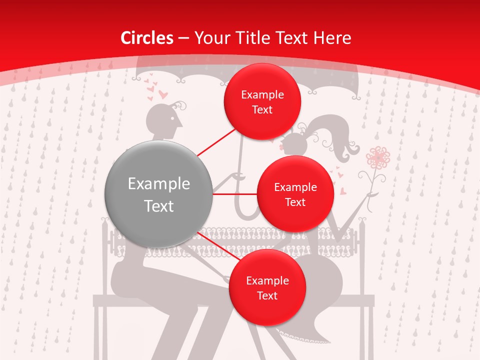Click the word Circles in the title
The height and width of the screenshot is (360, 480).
click(x=147, y=38)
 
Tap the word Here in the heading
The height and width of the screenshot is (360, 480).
click(x=332, y=38)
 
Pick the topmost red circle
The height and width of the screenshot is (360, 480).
click(x=262, y=101)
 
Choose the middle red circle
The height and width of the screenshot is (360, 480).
click(x=295, y=194)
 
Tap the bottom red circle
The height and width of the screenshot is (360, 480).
click(x=267, y=287)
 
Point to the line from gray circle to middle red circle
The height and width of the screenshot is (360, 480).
click(x=235, y=194)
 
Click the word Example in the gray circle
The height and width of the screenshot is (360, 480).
click(x=159, y=184)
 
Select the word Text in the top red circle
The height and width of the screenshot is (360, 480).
click(x=262, y=109)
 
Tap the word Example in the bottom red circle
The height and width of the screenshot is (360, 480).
click(x=267, y=280)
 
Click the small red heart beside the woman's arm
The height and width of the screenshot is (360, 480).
click(x=343, y=190)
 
